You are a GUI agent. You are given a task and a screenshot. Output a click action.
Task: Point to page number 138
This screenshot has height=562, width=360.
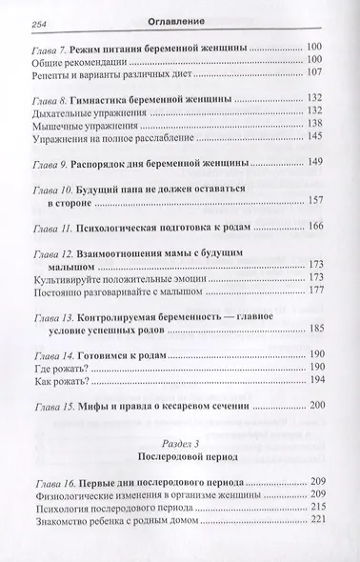pos(318,126)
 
